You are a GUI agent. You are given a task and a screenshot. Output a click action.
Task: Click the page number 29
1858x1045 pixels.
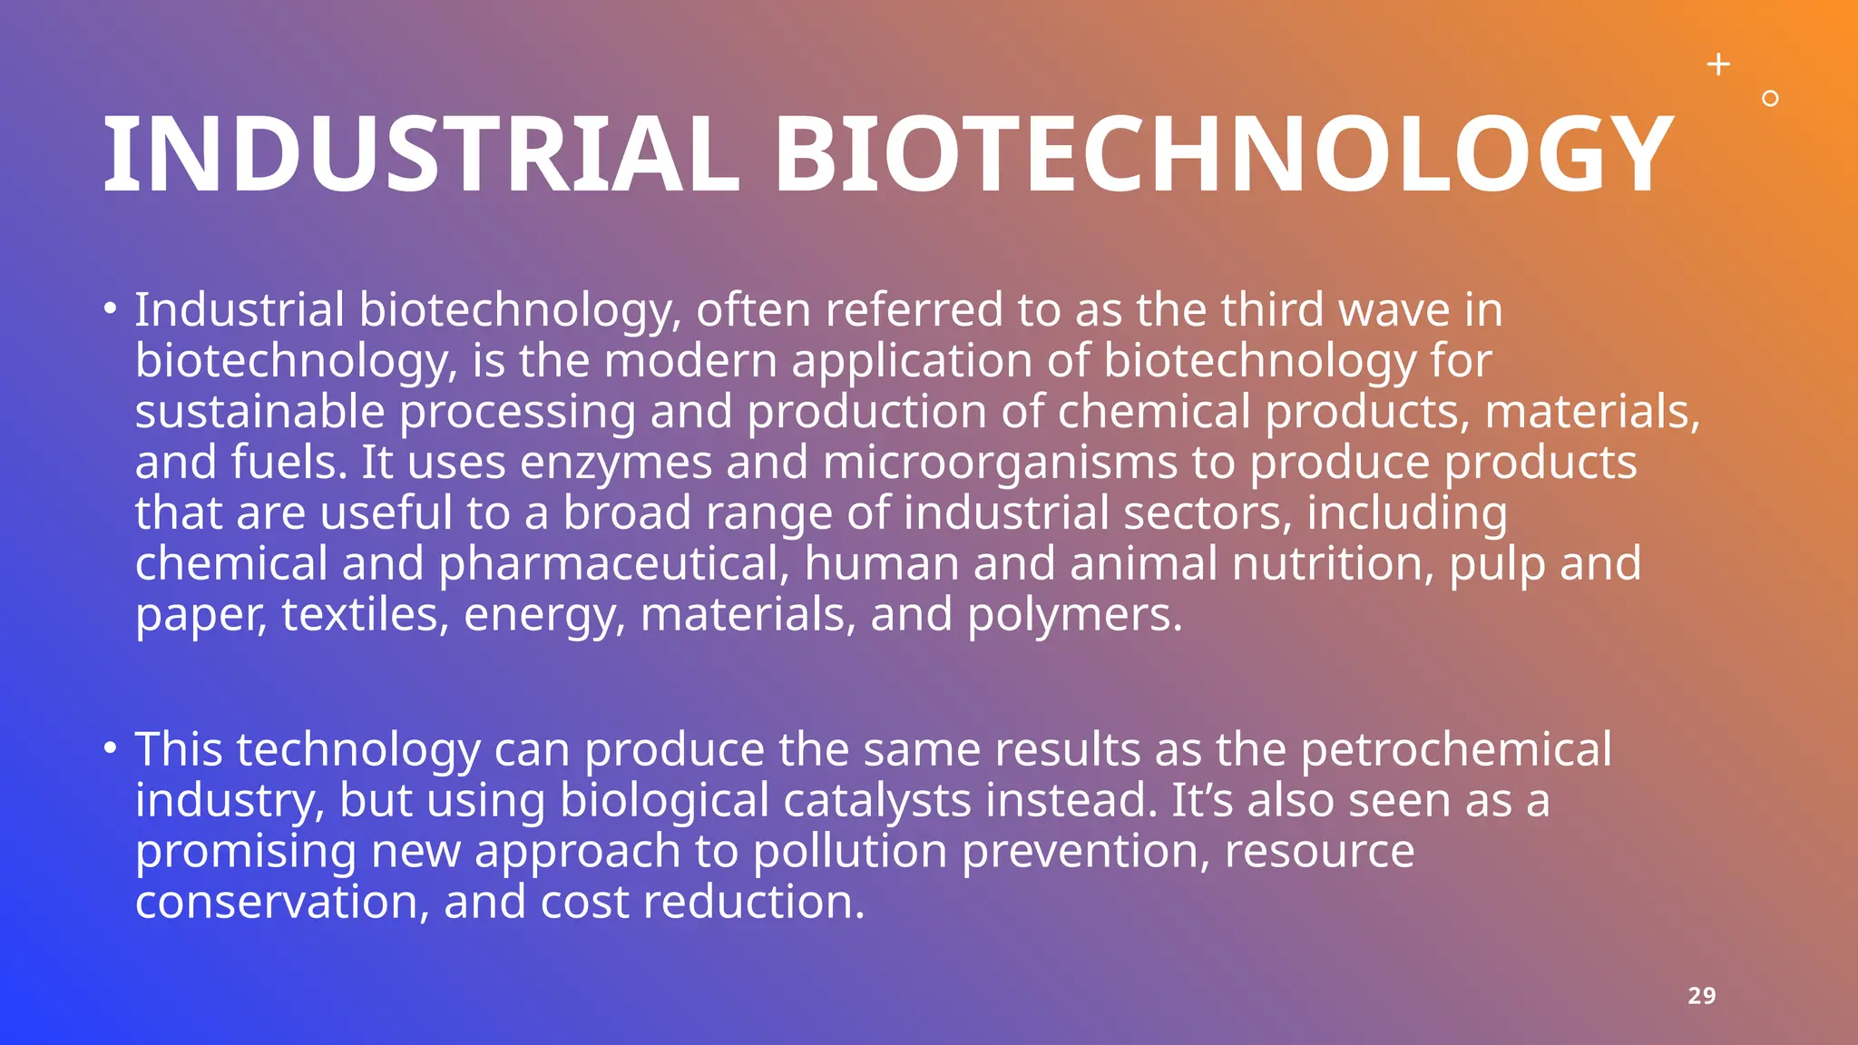1701,996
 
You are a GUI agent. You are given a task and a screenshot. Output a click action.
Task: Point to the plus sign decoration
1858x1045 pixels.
1718,64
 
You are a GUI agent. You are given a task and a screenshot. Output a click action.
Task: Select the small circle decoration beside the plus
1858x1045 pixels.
1769,99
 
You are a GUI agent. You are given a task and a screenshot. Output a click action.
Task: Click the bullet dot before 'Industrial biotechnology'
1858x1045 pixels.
110,309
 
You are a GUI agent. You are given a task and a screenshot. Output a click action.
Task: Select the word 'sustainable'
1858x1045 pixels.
260,412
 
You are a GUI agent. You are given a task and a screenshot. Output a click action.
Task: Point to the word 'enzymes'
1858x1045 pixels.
616,464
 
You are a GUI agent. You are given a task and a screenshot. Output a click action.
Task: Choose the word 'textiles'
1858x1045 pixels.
366,615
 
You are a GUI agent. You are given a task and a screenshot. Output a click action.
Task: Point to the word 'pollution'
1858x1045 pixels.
850,852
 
